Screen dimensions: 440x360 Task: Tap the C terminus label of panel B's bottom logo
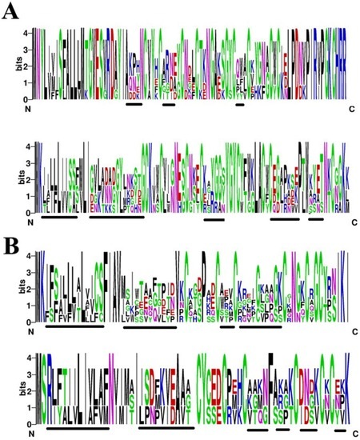[x=349, y=433]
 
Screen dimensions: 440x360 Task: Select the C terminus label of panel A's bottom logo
[x=349, y=222]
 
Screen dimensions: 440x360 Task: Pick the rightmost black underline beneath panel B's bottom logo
[x=341, y=430]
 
